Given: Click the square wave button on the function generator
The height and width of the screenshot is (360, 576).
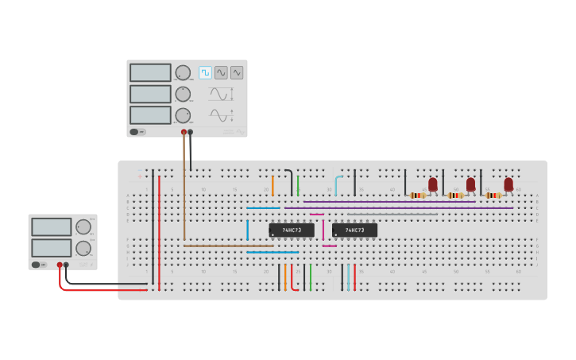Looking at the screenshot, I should pyautogui.click(x=205, y=72).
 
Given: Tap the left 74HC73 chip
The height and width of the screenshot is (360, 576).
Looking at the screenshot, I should pyautogui.click(x=292, y=230).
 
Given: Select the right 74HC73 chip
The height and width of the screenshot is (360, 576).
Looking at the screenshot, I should pyautogui.click(x=354, y=230).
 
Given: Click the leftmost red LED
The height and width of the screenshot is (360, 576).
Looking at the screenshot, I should pyautogui.click(x=433, y=184).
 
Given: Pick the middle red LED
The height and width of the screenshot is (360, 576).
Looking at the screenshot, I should pyautogui.click(x=470, y=184).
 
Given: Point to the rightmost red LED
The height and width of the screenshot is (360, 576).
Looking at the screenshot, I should pyautogui.click(x=508, y=184).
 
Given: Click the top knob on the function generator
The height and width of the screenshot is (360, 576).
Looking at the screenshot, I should pyautogui.click(x=183, y=72).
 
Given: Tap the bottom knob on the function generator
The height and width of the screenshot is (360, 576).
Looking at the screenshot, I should pyautogui.click(x=183, y=115).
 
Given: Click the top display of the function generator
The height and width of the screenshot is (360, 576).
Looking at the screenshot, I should pyautogui.click(x=150, y=72).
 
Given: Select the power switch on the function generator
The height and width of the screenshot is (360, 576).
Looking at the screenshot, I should pyautogui.click(x=135, y=132).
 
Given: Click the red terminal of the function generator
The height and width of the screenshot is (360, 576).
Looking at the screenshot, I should pyautogui.click(x=184, y=132).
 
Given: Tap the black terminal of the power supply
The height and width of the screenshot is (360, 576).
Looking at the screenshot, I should pyautogui.click(x=66, y=265).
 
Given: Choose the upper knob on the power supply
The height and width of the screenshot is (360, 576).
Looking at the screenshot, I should pyautogui.click(x=83, y=226).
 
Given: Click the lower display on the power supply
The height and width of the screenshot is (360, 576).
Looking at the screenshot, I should pyautogui.click(x=52, y=247).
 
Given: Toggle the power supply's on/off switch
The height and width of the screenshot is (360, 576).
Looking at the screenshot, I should pyautogui.click(x=37, y=265).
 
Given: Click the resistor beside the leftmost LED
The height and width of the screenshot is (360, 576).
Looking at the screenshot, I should pyautogui.click(x=417, y=195).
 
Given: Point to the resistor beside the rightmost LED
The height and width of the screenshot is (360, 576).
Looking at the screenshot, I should pyautogui.click(x=493, y=195).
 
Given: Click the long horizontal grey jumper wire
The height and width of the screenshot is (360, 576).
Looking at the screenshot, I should pyautogui.click(x=392, y=214).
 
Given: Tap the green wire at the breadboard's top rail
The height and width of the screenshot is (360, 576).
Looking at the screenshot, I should pyautogui.click(x=298, y=185).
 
